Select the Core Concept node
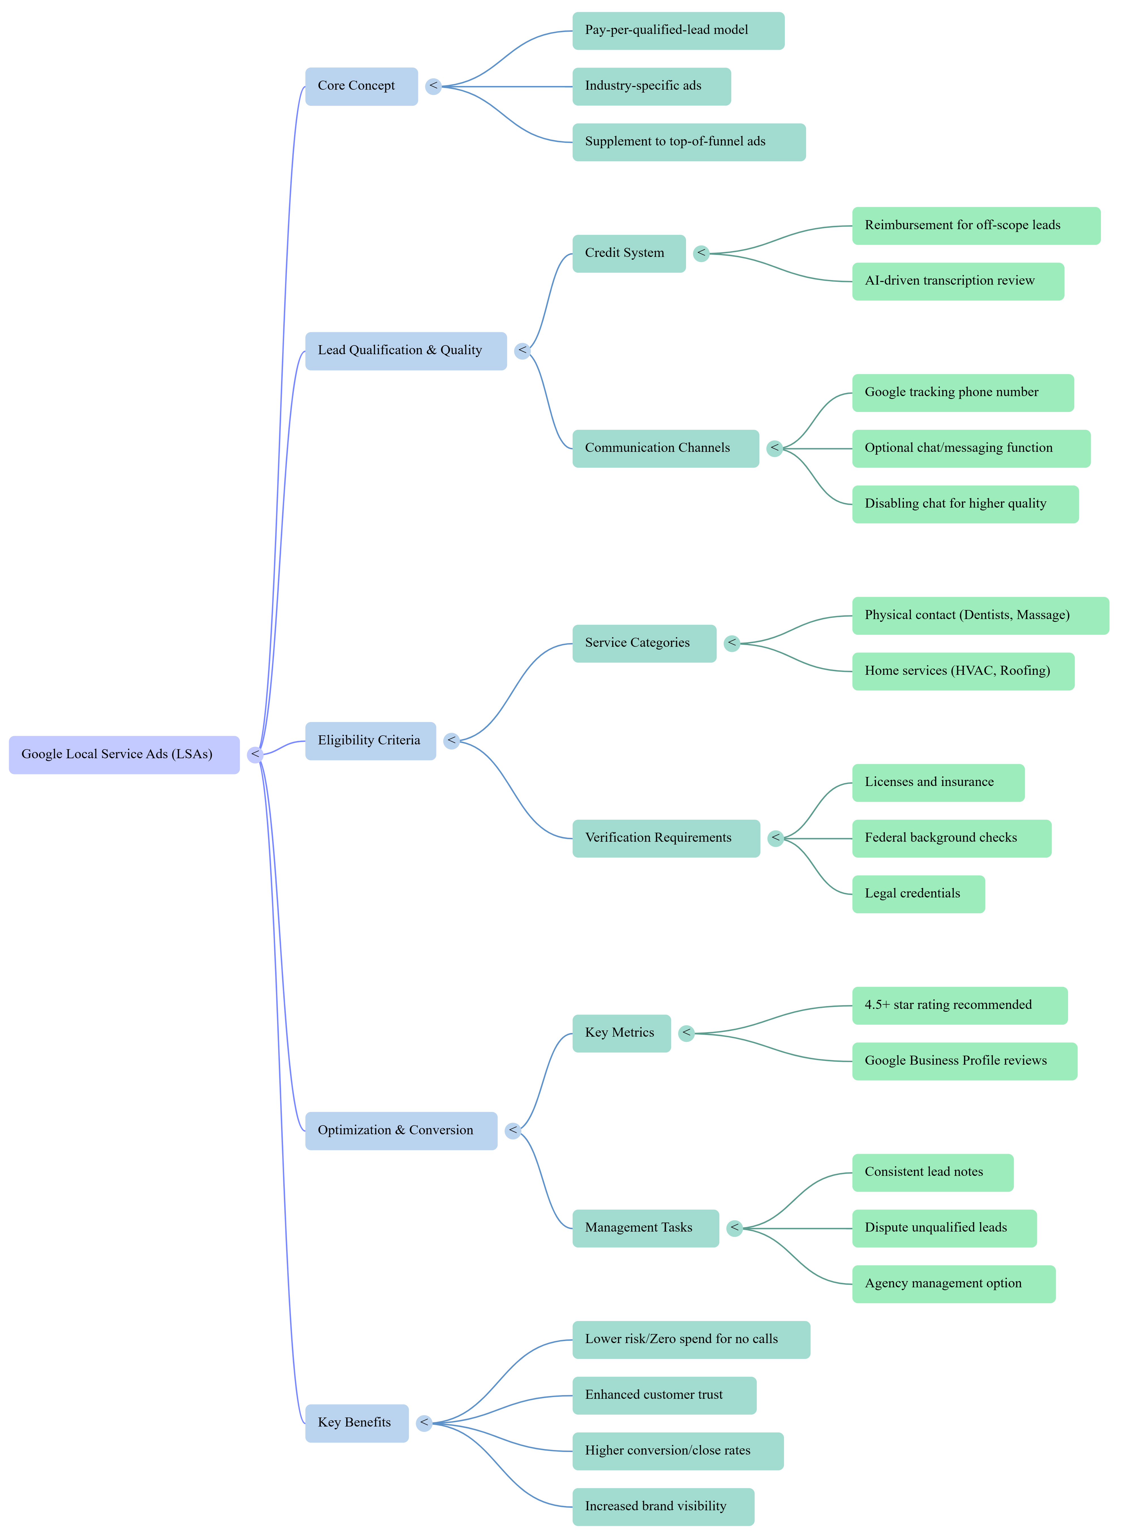point(361,86)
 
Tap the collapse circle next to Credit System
point(701,254)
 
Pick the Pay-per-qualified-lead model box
point(678,30)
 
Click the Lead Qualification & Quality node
point(406,351)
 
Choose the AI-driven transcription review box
point(957,281)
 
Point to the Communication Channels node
point(665,448)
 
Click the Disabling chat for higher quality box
point(964,504)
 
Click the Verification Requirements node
point(666,838)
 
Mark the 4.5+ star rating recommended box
point(959,1005)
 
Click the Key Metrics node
point(621,1033)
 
